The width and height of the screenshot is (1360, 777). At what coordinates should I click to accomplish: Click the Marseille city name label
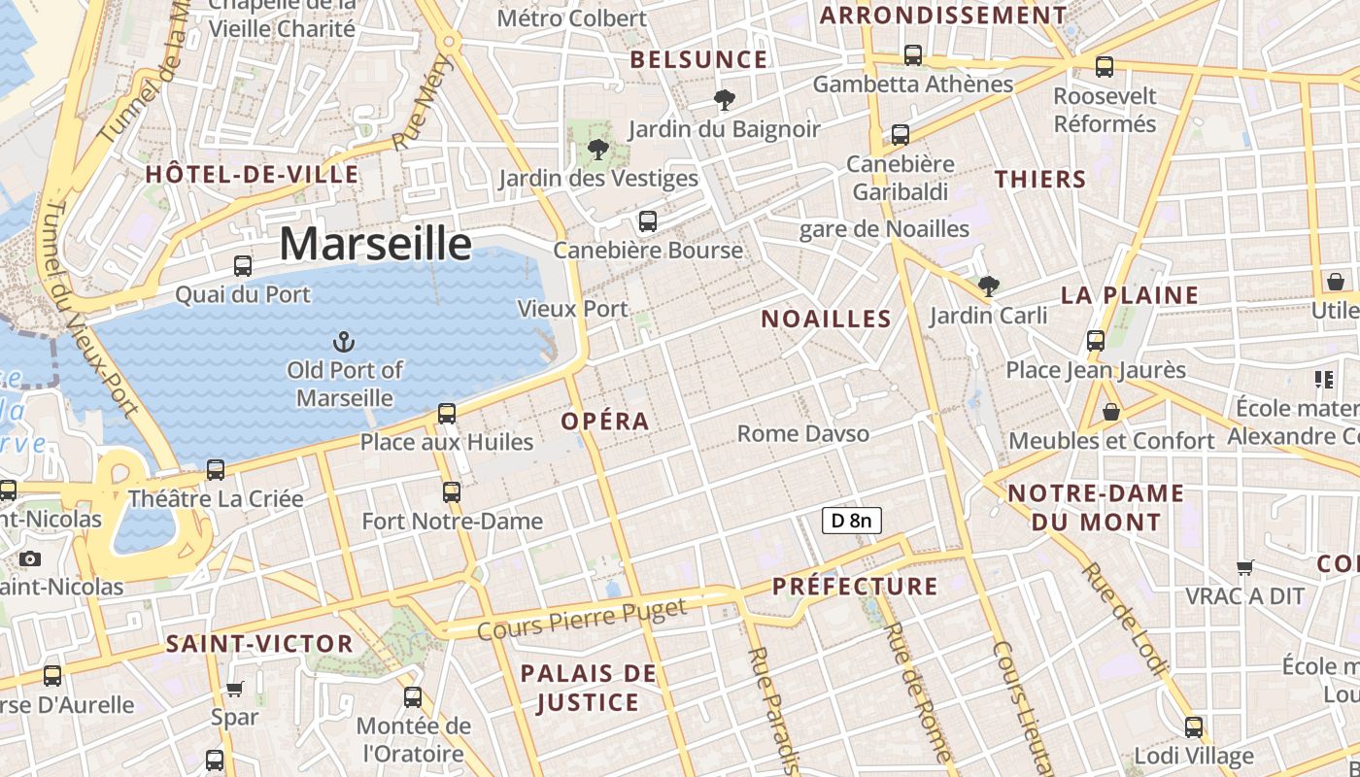point(375,243)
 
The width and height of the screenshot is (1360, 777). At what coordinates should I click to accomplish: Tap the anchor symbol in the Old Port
point(343,341)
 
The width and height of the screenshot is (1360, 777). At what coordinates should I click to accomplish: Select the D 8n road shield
point(851,521)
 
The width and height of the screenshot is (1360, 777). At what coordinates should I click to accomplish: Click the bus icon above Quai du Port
point(243,265)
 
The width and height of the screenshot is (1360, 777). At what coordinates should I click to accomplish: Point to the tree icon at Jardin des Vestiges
point(597,150)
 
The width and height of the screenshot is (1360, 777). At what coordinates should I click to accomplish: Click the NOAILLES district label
point(826,319)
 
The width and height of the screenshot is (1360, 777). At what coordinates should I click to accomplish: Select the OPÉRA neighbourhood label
point(605,422)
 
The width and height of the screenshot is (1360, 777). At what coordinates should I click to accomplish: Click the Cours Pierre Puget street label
point(582,619)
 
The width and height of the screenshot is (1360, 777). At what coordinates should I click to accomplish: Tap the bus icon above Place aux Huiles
point(447,414)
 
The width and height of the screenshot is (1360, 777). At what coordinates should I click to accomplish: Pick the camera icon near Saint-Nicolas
point(30,558)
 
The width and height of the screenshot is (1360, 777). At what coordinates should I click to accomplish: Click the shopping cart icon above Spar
point(234,690)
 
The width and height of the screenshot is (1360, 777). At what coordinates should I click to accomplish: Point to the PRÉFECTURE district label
point(855,586)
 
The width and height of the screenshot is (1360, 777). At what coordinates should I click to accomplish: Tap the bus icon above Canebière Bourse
point(648,221)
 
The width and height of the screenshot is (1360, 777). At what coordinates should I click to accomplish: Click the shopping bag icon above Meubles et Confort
point(1111,413)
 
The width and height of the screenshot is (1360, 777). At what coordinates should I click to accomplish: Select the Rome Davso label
point(803,433)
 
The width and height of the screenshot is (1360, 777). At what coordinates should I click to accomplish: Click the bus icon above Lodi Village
point(1194,726)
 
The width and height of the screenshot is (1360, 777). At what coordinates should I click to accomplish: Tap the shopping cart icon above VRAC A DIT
point(1244,567)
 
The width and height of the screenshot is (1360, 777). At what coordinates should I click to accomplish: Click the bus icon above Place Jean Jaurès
point(1096,341)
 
